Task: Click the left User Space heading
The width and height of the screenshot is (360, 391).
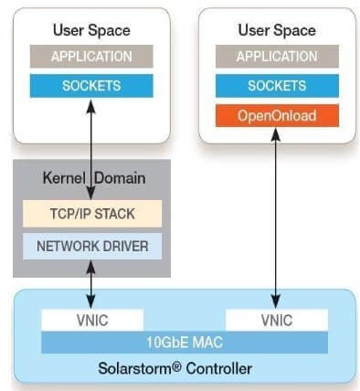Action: tap(91, 30)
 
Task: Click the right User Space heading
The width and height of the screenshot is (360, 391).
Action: tap(276, 30)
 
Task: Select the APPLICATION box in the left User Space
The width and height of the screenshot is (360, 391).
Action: tap(91, 56)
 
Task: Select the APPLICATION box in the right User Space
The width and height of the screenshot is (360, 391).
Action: tap(276, 56)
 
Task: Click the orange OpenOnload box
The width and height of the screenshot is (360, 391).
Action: tap(276, 115)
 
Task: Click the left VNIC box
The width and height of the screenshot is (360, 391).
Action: tap(92, 319)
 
